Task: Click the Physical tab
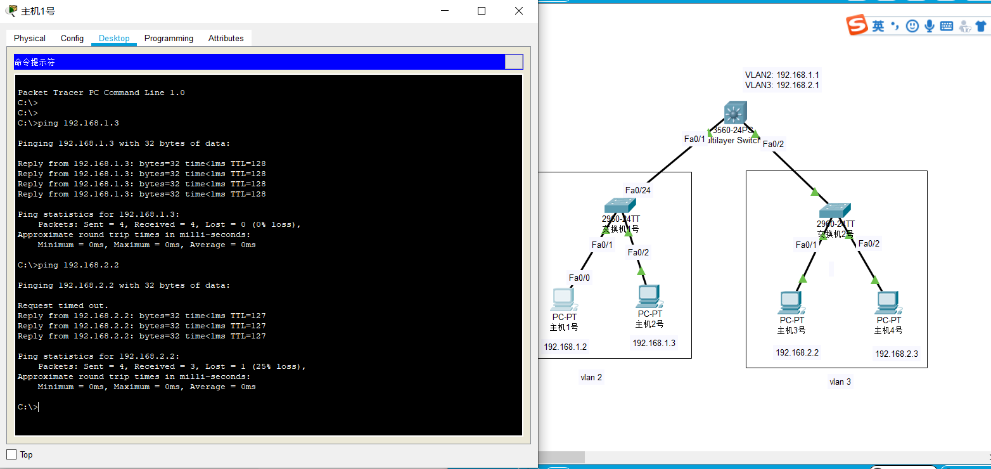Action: click(x=30, y=38)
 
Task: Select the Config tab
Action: click(x=72, y=38)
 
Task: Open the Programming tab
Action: click(x=169, y=38)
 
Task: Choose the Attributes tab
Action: click(x=226, y=38)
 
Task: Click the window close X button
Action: click(x=519, y=11)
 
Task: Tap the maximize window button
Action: click(x=482, y=11)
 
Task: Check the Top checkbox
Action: click(x=11, y=454)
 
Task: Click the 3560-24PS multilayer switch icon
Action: click(x=736, y=113)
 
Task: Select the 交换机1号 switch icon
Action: click(x=620, y=205)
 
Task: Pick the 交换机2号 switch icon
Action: click(x=834, y=210)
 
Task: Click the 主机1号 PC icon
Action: click(x=562, y=299)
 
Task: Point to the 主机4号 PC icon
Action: click(x=888, y=303)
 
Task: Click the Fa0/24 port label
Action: click(x=638, y=190)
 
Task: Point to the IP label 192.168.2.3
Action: click(x=897, y=354)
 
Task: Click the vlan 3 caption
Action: click(x=840, y=382)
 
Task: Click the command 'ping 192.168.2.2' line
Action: click(x=68, y=265)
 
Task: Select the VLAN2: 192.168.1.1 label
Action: click(x=782, y=75)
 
